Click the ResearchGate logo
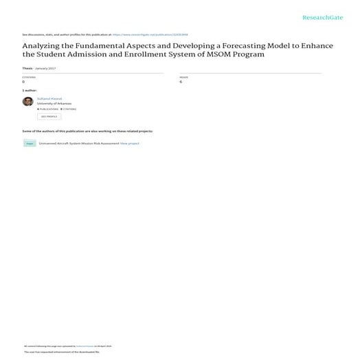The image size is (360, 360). point(323,17)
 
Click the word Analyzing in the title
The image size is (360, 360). point(43,46)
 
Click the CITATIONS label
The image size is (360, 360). point(28,77)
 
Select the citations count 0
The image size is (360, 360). point(24,82)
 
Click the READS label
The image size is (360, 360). point(183,77)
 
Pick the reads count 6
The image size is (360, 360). point(181,82)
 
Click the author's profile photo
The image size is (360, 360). point(27,102)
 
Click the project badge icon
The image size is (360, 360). point(30,143)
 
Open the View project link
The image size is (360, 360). point(130,143)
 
